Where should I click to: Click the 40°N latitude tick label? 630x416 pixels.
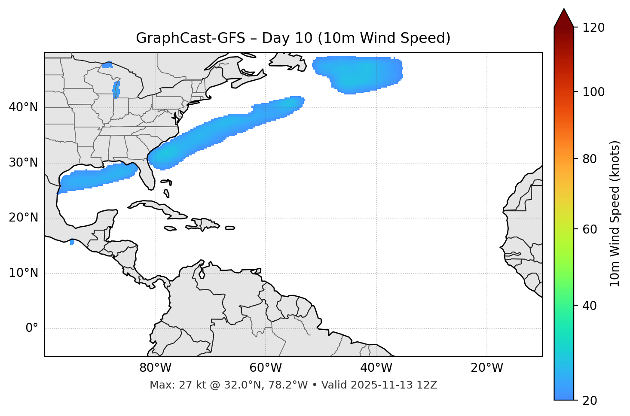23,107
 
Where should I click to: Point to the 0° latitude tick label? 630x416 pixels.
32,328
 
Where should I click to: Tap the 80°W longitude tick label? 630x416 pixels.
155,368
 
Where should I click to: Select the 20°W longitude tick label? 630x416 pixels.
487,368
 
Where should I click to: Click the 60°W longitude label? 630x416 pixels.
266,368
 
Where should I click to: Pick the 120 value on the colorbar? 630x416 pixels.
593,28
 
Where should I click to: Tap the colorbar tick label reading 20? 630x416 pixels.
590,401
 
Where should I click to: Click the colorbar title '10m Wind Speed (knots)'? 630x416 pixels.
615,213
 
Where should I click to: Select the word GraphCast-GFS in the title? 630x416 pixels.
190,38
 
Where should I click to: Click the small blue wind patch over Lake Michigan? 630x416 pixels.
116,89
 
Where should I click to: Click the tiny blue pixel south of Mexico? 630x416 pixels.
72,243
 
